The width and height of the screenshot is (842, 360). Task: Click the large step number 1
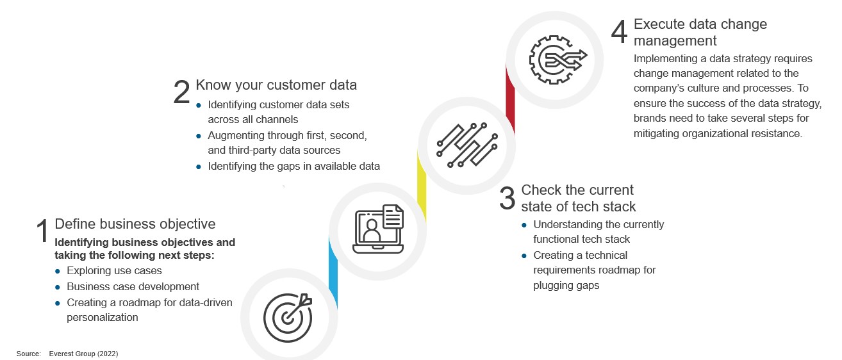pyautogui.click(x=43, y=231)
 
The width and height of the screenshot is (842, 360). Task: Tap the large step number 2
pyautogui.click(x=181, y=92)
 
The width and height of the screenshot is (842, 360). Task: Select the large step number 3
pyautogui.click(x=507, y=198)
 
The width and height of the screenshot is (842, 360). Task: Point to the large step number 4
pyautogui.click(x=619, y=31)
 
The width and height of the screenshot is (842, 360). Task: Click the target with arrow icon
pyautogui.click(x=288, y=318)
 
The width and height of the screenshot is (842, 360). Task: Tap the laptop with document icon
pyautogui.click(x=378, y=229)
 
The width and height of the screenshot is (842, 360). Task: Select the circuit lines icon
pyautogui.click(x=467, y=145)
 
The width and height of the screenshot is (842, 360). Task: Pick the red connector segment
pyautogui.click(x=510, y=99)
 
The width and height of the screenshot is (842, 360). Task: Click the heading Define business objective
pyautogui.click(x=135, y=224)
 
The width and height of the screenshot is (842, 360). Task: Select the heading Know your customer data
pyautogui.click(x=276, y=85)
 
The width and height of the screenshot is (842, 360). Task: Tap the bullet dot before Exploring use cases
pyautogui.click(x=58, y=272)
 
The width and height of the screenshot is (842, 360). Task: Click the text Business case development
pyautogui.click(x=133, y=287)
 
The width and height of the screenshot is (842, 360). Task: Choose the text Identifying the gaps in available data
pyautogui.click(x=294, y=166)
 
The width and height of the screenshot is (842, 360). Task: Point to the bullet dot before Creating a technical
pyautogui.click(x=524, y=256)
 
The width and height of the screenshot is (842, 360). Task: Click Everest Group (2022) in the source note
pyautogui.click(x=83, y=354)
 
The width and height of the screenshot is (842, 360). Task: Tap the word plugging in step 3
pyautogui.click(x=552, y=286)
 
